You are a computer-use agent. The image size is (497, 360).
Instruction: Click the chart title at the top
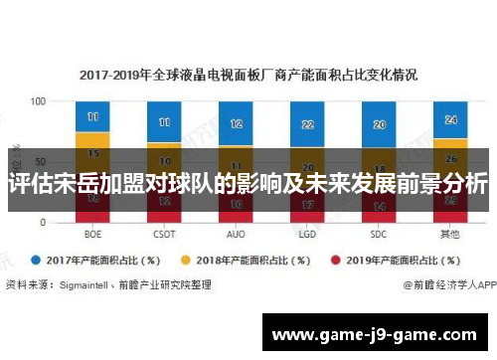(248, 75)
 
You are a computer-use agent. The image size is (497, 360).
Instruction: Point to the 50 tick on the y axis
(41, 162)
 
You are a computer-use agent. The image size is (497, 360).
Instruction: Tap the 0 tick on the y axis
(44, 223)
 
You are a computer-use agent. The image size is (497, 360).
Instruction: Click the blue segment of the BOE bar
(92, 116)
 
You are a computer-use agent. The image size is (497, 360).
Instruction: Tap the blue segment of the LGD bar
(307, 123)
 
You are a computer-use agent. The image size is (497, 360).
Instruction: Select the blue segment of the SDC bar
(379, 124)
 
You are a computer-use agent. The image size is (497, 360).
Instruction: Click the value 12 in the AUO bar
(236, 124)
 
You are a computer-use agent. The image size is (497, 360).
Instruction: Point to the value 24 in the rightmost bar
(450, 119)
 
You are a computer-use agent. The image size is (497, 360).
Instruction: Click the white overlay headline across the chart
(248, 184)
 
